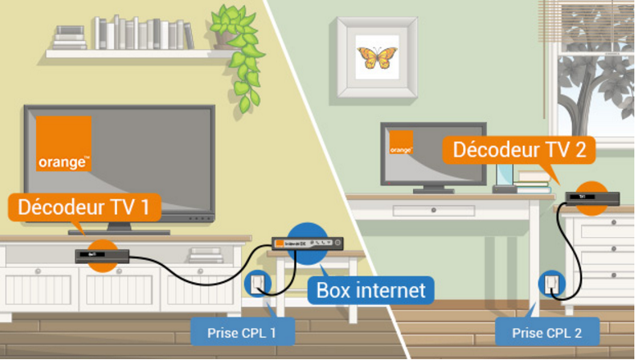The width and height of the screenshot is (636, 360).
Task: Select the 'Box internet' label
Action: pos(370,289)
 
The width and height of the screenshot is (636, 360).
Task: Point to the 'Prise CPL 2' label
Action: pos(547,332)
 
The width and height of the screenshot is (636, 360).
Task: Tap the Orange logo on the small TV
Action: pos(401,143)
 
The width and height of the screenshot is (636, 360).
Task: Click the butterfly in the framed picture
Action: pos(377,57)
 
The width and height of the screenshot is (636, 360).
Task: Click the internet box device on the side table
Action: pos(308,244)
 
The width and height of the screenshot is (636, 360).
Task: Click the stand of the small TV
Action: pos(421,188)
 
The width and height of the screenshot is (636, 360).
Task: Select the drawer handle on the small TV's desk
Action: pos(421,211)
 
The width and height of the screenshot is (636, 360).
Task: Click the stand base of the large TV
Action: pos(119,231)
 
